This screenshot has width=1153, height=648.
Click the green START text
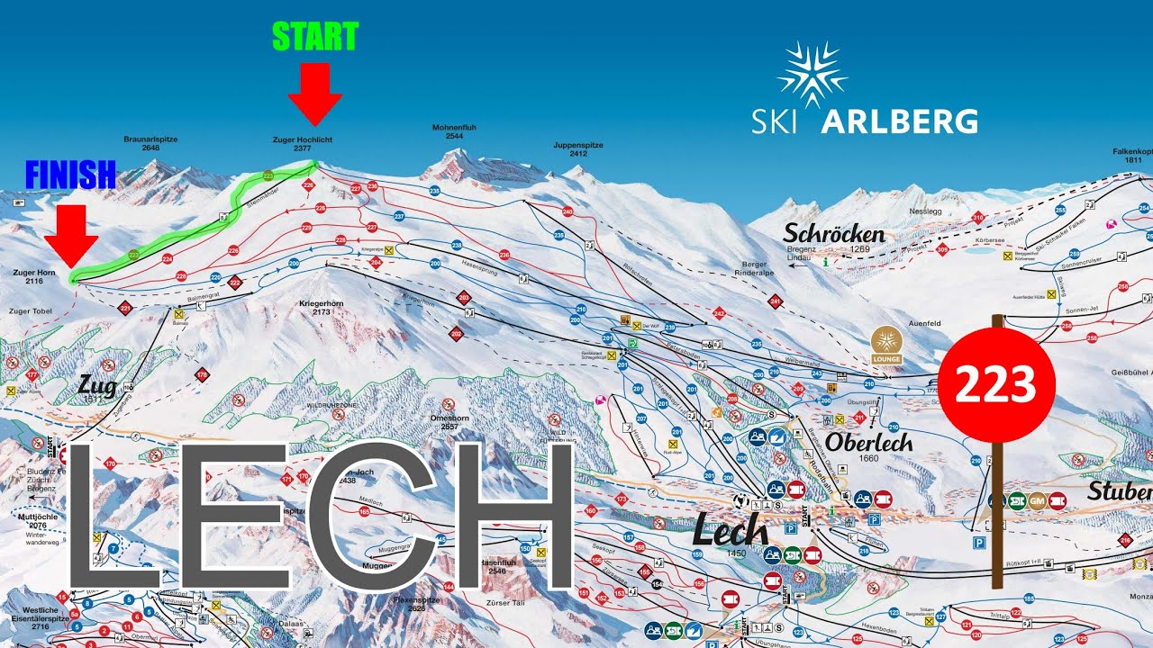[x=314, y=37]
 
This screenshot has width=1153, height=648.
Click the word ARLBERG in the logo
[x=899, y=121]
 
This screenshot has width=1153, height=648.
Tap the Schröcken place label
[x=833, y=234]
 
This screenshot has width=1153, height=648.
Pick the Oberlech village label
[x=868, y=442]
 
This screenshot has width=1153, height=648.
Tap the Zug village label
[x=98, y=387]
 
